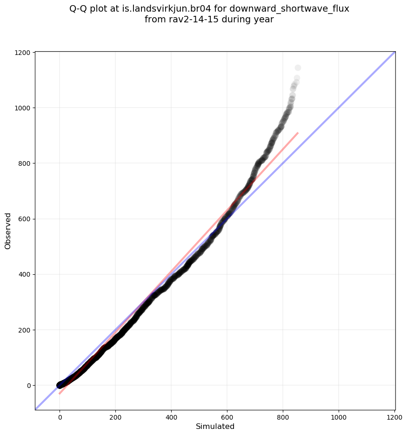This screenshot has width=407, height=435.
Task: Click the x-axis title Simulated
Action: tap(215, 427)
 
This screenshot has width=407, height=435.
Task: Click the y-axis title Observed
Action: tap(8, 231)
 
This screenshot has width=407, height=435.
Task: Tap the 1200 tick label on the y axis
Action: tap(22, 53)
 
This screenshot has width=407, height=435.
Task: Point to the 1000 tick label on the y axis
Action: tap(22, 108)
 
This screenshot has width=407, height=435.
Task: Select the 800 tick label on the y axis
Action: tap(24, 163)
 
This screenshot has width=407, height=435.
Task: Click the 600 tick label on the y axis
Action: tap(24, 219)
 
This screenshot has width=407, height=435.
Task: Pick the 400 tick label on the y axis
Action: tap(24, 274)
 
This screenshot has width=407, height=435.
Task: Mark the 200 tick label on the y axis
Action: tap(24, 330)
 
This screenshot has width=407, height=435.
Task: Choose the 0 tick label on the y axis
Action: tap(28, 385)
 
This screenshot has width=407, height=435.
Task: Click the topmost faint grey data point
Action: tap(298, 68)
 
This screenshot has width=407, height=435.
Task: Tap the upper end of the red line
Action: tap(298, 133)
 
